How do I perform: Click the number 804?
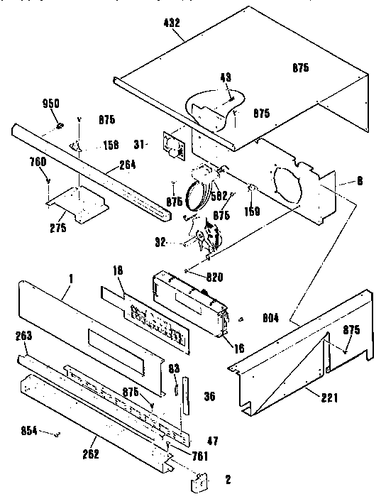click(271, 318)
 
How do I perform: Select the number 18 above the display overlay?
click(118, 270)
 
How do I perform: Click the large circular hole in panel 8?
click(287, 182)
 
